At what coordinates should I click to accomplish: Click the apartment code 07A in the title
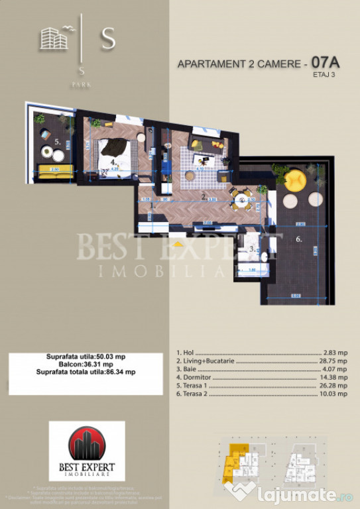325,63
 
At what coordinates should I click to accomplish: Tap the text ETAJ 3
325,75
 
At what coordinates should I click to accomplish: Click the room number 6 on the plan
298,240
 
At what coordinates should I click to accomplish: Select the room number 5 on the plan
58,141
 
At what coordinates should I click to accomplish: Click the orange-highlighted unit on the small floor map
233,461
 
